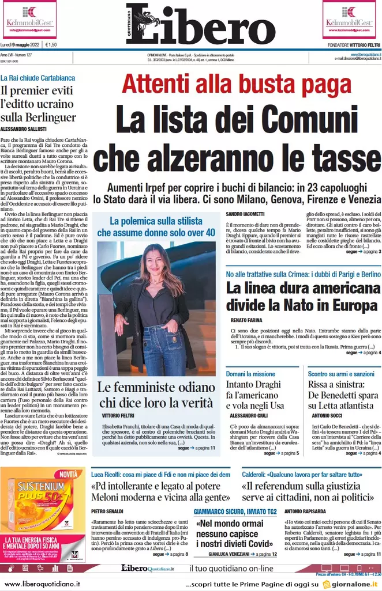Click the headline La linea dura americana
tap(299, 288)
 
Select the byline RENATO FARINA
tap(246, 319)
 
